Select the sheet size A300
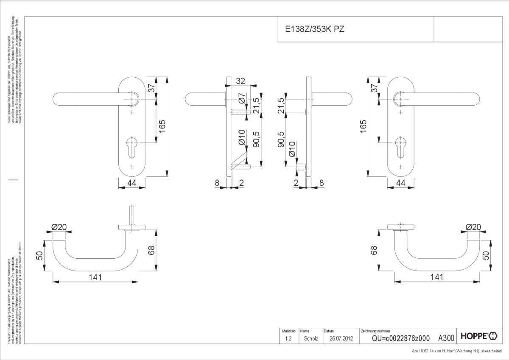[x=446, y=338]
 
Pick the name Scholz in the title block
[x=311, y=338]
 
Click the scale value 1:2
[x=288, y=338]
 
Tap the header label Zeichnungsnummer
[x=375, y=331]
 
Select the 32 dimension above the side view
[x=241, y=81]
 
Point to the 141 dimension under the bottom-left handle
[x=95, y=277]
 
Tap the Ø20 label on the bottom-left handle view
[x=59, y=227]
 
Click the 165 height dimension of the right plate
[x=363, y=126]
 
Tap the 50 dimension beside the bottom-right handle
[x=486, y=255]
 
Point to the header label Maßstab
[x=286, y=331]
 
